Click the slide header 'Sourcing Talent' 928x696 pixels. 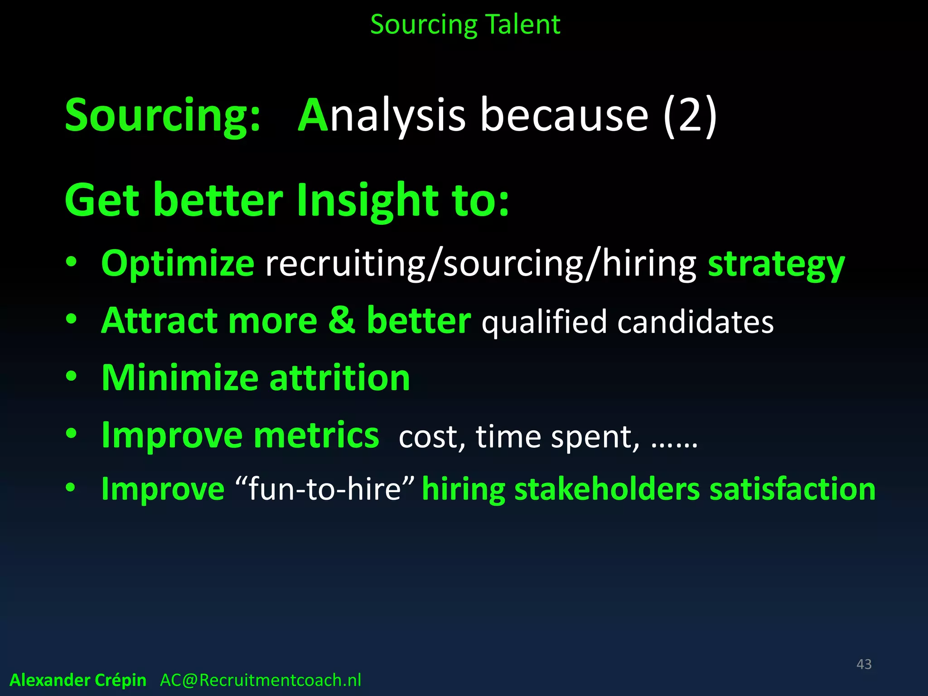pyautogui.click(x=465, y=24)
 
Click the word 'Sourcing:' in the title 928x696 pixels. pyautogui.click(x=163, y=116)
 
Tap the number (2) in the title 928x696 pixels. pyautogui.click(x=690, y=116)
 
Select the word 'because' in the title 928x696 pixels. pyautogui.click(x=564, y=116)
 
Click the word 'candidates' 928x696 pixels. pyautogui.click(x=696, y=322)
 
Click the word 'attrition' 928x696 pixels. pyautogui.click(x=340, y=377)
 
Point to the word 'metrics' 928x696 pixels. pyautogui.click(x=316, y=435)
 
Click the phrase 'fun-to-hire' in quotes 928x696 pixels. pyautogui.click(x=324, y=490)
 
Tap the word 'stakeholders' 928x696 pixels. pyautogui.click(x=607, y=490)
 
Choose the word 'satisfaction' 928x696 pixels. pyautogui.click(x=793, y=490)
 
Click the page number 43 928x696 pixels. pyautogui.click(x=864, y=664)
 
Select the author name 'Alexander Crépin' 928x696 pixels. pyautogui.click(x=78, y=680)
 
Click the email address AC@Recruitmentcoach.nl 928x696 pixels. pyautogui.click(x=261, y=680)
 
